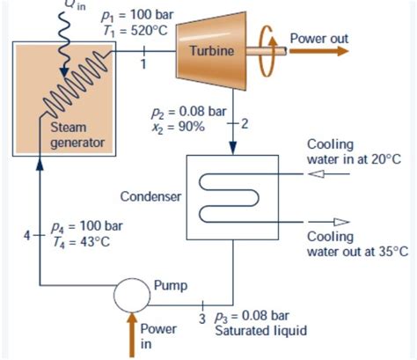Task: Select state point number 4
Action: [27, 235]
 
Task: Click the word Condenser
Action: [150, 195]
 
